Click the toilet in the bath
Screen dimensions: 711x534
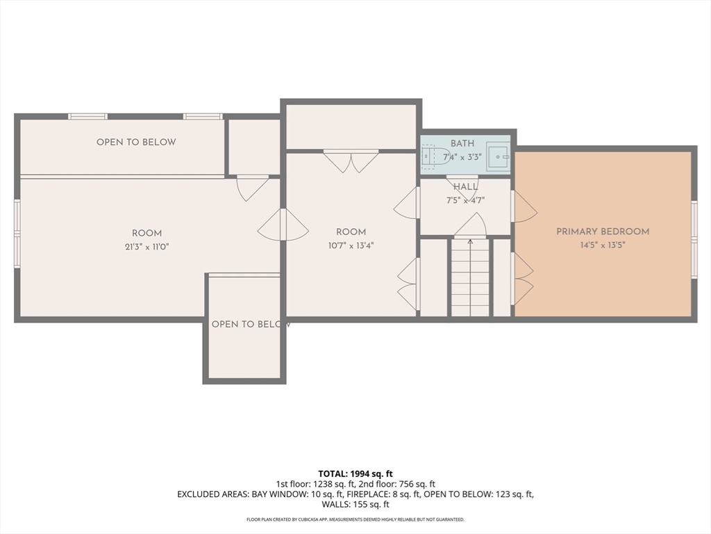[x=434, y=156]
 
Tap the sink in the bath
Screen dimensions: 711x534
[x=499, y=156]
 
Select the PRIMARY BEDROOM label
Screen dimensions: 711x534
[x=603, y=232]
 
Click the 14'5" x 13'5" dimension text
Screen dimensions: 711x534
[x=603, y=245]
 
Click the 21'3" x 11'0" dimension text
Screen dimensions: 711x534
[x=147, y=247]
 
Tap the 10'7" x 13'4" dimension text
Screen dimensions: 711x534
[x=351, y=245]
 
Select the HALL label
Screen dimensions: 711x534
[x=466, y=186]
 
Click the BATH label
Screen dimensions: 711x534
[x=462, y=143]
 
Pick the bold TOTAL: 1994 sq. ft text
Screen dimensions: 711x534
[x=355, y=474]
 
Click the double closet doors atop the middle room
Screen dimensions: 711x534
[x=351, y=161]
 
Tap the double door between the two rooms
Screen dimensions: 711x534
[x=283, y=225]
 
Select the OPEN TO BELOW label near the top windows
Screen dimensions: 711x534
[x=136, y=142]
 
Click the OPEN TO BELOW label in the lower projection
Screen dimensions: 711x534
[x=251, y=324]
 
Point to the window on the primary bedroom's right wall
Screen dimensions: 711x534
[x=694, y=238]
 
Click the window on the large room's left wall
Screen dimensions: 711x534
[x=17, y=234]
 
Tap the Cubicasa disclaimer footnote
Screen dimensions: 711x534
[x=355, y=519]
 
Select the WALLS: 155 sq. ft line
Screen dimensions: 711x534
[x=355, y=505]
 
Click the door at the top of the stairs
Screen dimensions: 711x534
[x=470, y=225]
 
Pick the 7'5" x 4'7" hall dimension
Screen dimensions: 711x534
[x=466, y=200]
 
